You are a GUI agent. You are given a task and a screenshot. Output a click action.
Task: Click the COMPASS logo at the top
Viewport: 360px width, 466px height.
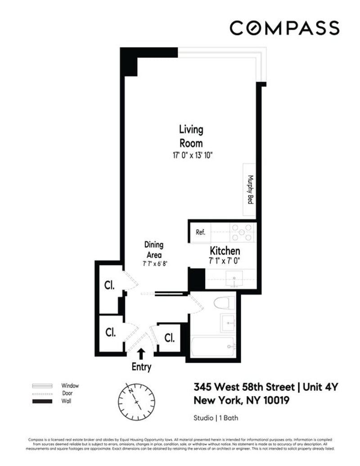click(x=284, y=28)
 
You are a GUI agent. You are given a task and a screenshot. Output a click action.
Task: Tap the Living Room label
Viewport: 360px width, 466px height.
click(x=191, y=136)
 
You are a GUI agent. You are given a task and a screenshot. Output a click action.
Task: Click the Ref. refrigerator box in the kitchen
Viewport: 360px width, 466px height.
click(x=200, y=233)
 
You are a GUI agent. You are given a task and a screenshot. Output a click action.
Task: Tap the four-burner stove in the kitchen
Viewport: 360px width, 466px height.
click(x=242, y=233)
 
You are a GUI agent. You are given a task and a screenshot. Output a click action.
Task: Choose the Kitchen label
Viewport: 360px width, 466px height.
click(x=225, y=251)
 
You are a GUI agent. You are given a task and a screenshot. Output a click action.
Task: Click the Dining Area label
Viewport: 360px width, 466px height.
click(x=153, y=250)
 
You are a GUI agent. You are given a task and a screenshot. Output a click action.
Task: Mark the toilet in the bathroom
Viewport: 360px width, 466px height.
click(x=224, y=302)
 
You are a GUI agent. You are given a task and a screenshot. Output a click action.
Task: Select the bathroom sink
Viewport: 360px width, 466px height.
click(x=227, y=323)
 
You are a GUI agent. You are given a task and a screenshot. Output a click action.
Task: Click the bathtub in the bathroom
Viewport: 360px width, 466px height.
click(x=212, y=347)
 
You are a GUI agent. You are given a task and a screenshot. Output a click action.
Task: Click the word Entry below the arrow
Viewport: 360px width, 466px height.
click(x=141, y=367)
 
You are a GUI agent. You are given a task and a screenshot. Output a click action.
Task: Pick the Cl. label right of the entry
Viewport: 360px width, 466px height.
click(x=170, y=337)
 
